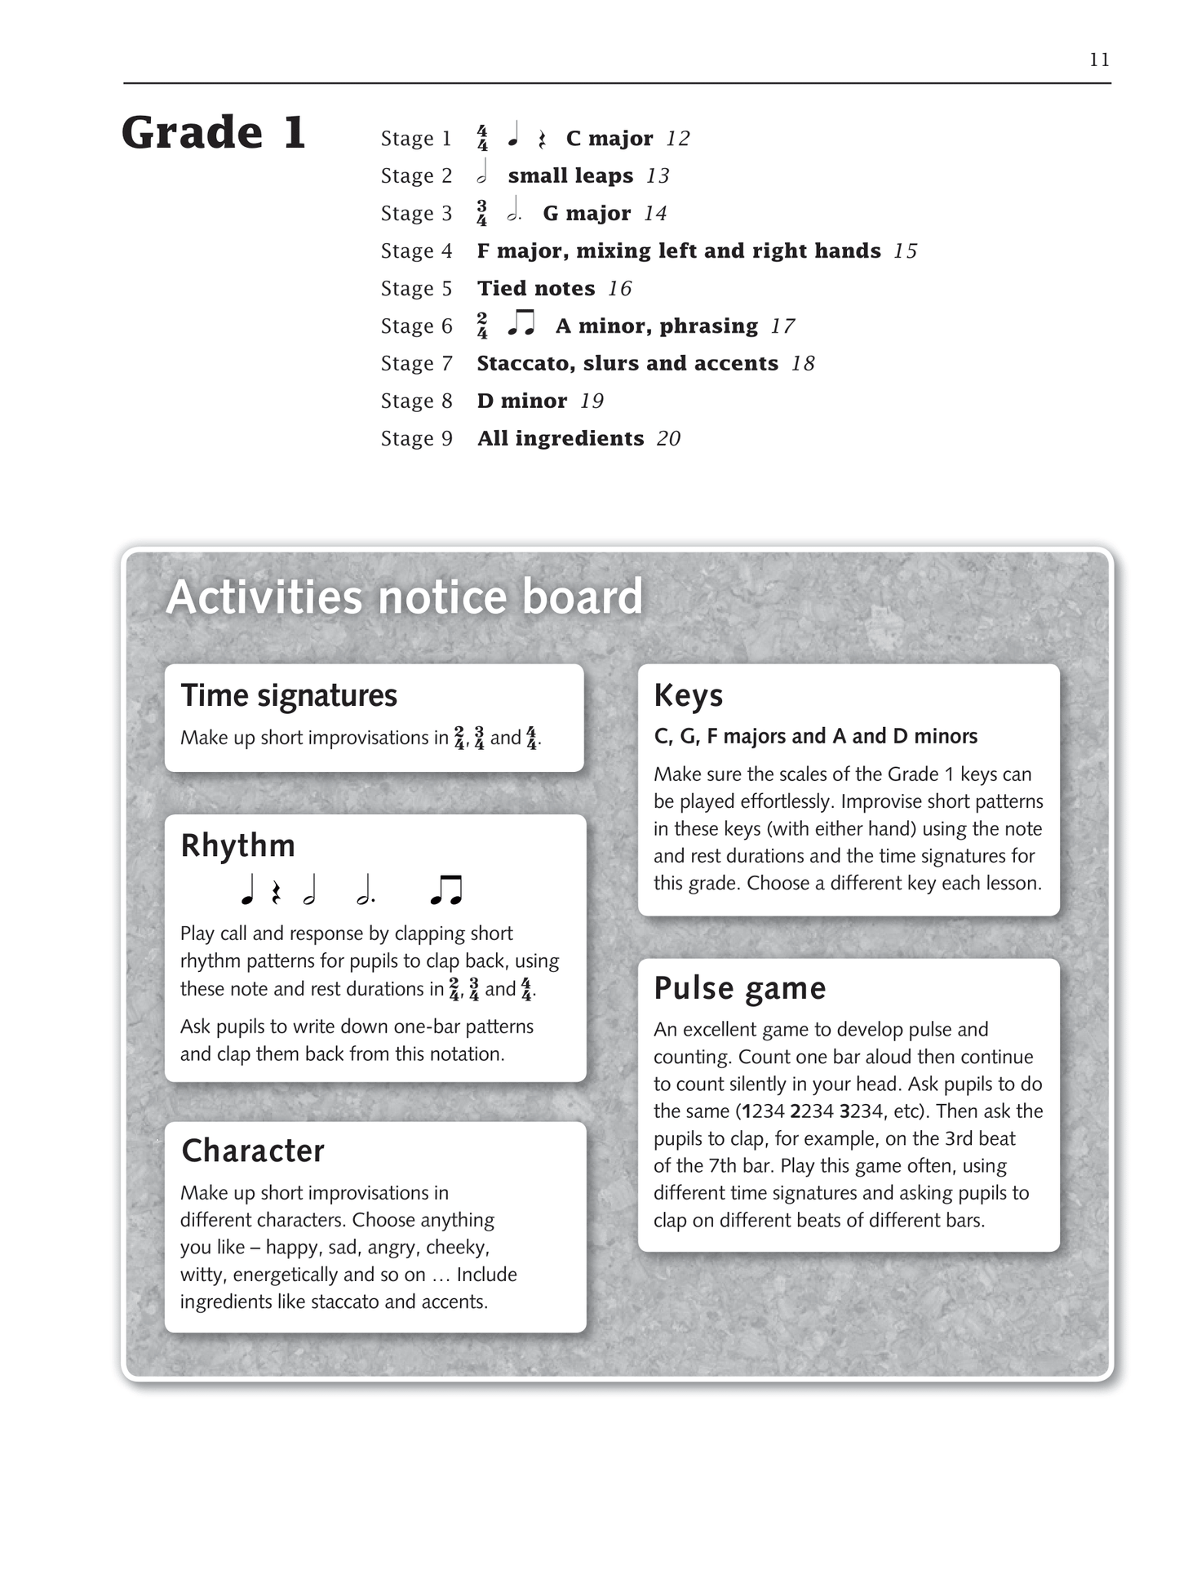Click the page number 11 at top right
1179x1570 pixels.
point(1099,60)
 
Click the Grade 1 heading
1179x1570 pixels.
point(214,132)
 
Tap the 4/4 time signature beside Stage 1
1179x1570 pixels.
point(482,139)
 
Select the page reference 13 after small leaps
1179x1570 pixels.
point(658,176)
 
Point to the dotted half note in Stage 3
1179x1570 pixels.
point(514,213)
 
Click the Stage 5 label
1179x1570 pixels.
point(416,289)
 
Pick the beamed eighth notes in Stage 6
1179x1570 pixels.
point(521,324)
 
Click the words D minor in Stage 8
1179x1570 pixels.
point(522,401)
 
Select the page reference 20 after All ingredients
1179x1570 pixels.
point(668,439)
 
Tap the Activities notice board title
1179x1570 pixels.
point(405,597)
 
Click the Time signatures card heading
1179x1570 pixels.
point(289,696)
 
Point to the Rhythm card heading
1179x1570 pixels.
point(237,845)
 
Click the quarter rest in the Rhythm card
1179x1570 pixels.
point(277,892)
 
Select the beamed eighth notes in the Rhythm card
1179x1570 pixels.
point(446,890)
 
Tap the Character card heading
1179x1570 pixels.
point(253,1151)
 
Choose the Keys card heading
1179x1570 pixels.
point(689,696)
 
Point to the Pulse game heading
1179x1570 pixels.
point(740,988)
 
